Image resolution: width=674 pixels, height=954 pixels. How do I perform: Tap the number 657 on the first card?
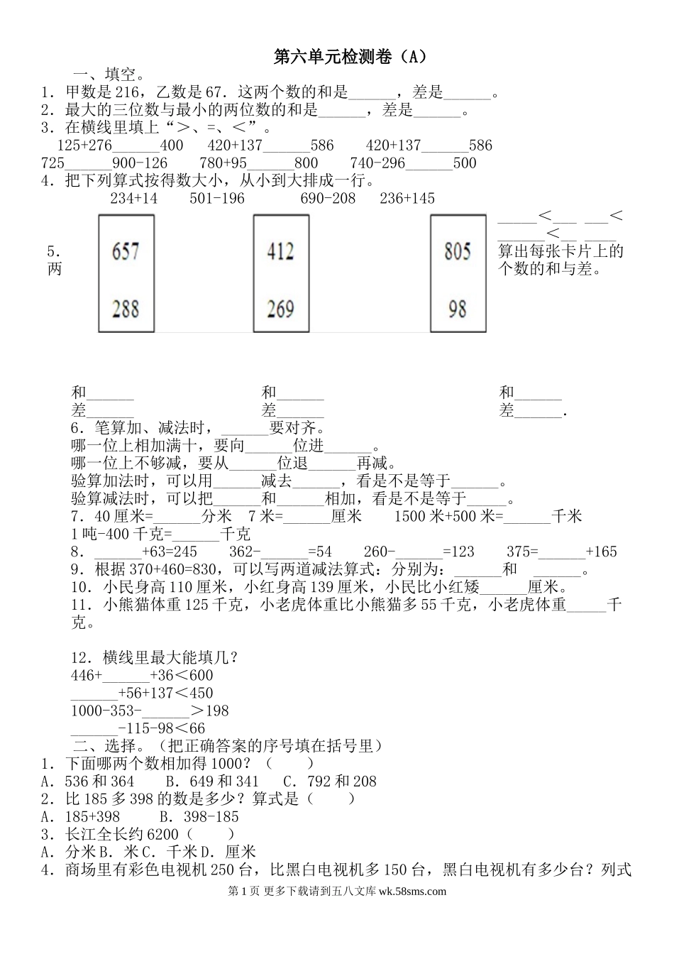[126, 251]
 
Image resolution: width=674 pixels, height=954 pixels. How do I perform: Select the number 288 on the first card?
[126, 308]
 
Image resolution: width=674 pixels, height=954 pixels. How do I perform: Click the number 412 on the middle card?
[281, 251]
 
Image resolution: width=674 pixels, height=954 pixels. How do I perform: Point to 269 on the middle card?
[281, 308]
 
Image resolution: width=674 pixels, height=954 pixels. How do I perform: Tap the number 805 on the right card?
[458, 251]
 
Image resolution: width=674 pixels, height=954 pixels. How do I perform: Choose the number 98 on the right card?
[458, 308]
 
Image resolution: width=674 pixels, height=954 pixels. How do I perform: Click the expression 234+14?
[134, 198]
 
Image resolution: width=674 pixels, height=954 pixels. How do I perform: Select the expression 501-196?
[217, 198]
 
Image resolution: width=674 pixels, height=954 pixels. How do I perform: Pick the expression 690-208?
[328, 198]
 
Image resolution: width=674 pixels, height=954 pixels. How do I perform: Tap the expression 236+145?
[407, 198]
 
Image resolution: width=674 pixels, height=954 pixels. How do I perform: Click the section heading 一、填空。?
[109, 75]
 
